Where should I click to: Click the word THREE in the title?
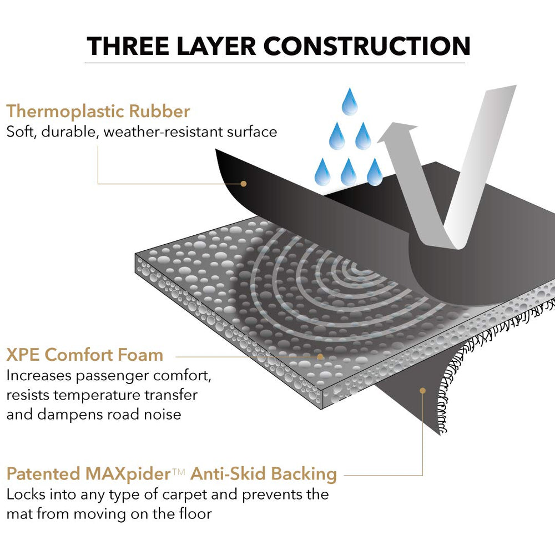(128, 46)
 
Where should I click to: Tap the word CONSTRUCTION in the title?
(367, 46)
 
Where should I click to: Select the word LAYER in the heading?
(216, 46)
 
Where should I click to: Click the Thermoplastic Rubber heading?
(98, 112)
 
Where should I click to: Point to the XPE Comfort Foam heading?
(84, 355)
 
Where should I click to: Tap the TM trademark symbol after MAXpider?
(179, 471)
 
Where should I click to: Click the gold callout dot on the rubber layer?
(244, 184)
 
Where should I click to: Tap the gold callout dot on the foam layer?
(320, 357)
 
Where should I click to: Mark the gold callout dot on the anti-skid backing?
(422, 390)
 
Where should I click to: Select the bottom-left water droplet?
(322, 172)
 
